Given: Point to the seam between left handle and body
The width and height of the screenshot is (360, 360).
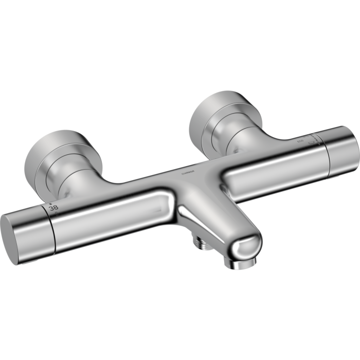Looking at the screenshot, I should click(x=55, y=226).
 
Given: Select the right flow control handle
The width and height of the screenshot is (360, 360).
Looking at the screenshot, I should click(x=339, y=149).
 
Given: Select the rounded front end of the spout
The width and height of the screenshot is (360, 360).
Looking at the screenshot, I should click(x=246, y=247).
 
